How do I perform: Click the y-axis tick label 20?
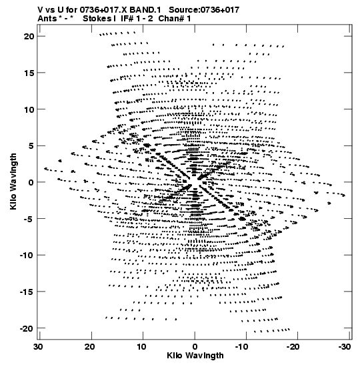[x=29, y=36]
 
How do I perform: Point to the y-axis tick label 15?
[x=29, y=73]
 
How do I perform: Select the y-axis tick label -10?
[x=27, y=255]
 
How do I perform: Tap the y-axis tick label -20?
[x=27, y=328]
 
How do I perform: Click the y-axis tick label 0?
[x=31, y=182]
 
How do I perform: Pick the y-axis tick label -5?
[x=29, y=219]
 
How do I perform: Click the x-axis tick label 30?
[x=38, y=347]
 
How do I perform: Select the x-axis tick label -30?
[x=345, y=347]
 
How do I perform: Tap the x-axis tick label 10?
[x=141, y=347]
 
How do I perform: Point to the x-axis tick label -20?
[x=293, y=347]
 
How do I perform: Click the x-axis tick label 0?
[x=195, y=347]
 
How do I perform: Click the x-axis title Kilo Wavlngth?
[x=195, y=356]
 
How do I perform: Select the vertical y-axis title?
[x=13, y=181]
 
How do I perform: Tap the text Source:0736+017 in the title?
[x=204, y=10]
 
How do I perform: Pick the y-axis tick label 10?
[x=29, y=109]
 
